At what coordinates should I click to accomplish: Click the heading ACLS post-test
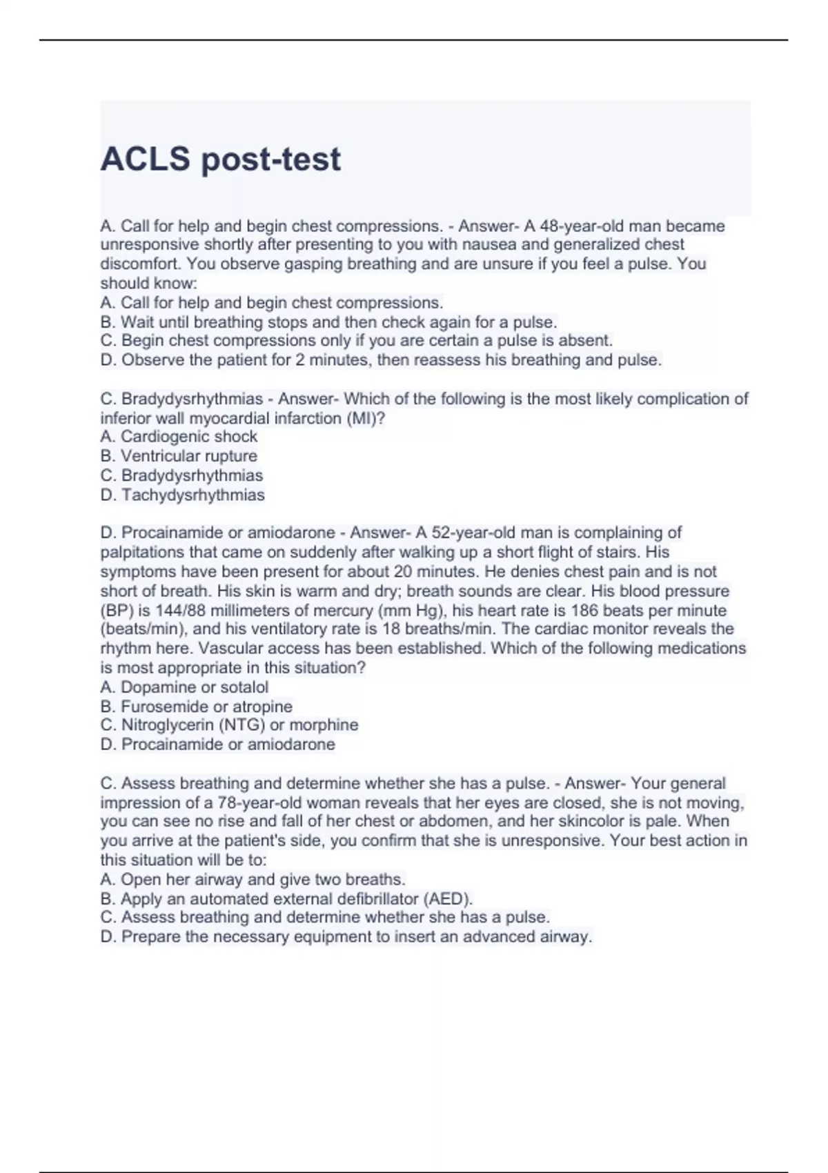(220, 159)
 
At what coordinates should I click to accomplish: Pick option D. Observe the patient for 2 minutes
(381, 360)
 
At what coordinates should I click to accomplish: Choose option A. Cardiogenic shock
(179, 437)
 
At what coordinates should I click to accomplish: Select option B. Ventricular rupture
(179, 456)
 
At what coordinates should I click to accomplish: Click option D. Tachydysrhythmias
(182, 495)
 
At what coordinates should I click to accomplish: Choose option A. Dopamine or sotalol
(184, 687)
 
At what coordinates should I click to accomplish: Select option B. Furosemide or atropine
(196, 707)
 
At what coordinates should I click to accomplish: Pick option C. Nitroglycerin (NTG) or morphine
(229, 725)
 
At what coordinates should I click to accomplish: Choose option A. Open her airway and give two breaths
(253, 880)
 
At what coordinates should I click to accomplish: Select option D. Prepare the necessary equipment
(346, 937)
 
